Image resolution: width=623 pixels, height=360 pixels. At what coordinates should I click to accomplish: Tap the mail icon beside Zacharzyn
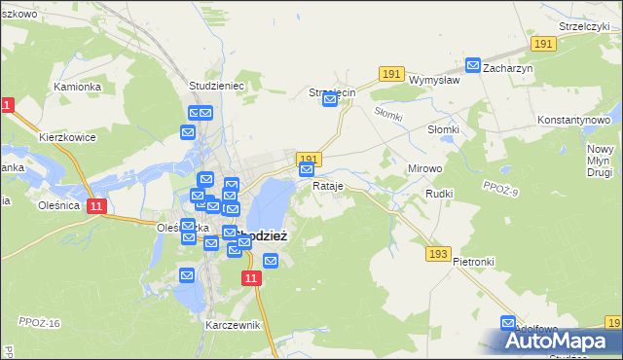(x=473, y=66)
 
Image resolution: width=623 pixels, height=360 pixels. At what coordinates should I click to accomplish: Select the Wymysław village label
(x=434, y=81)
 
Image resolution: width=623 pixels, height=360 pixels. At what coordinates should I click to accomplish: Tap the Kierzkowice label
(x=67, y=137)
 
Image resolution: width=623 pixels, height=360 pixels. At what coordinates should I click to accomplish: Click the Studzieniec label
(x=215, y=86)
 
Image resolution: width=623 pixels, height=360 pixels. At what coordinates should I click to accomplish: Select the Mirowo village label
(x=424, y=168)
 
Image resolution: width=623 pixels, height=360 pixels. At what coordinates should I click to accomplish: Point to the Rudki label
(x=439, y=194)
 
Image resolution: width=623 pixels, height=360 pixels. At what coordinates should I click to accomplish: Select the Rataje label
(x=328, y=185)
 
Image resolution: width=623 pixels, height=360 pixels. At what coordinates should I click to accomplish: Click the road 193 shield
(x=438, y=254)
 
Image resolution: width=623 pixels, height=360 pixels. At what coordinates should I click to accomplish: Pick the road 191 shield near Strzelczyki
(x=543, y=44)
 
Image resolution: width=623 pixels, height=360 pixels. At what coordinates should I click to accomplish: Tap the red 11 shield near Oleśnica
(x=96, y=206)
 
